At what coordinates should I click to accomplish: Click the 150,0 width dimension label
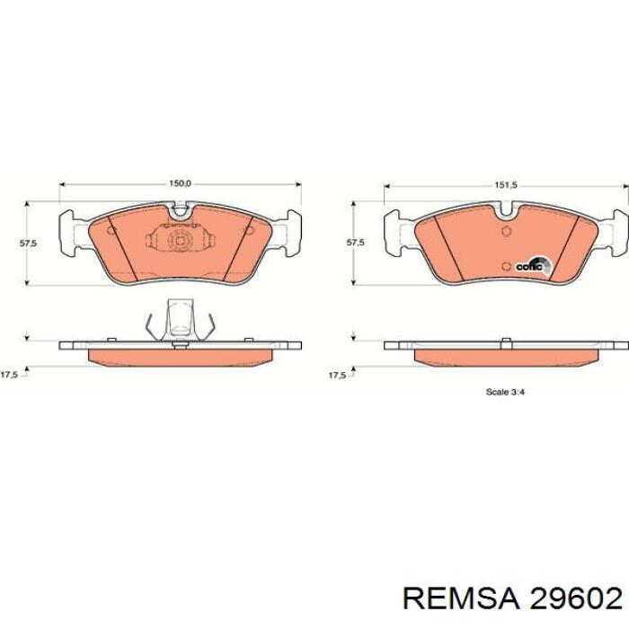[180, 183]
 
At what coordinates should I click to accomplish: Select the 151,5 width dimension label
[505, 185]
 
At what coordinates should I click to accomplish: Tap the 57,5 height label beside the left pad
[28, 243]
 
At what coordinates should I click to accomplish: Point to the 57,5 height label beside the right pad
[356, 243]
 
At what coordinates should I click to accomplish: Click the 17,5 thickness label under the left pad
[9, 375]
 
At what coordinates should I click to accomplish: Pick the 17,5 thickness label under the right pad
[337, 376]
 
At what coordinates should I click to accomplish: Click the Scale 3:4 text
[505, 392]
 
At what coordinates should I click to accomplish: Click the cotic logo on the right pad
[534, 266]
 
